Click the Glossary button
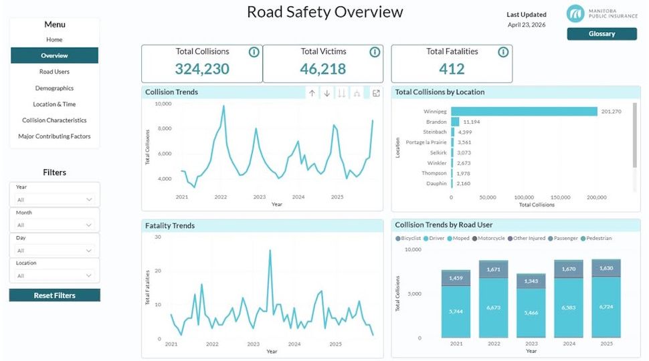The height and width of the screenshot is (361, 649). coord(601,34)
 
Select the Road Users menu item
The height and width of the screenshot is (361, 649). coord(54,72)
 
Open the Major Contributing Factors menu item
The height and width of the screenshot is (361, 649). coord(54,136)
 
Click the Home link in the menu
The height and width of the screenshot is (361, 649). coord(54,39)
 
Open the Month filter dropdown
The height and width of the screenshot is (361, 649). coord(54,225)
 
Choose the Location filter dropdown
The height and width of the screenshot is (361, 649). coord(54,275)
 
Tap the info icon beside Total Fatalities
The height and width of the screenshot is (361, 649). coord(503,52)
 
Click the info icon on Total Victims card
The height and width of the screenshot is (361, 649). coord(375,52)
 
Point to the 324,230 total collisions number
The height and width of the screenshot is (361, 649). coord(202,69)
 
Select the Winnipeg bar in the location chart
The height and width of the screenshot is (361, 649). coord(524,111)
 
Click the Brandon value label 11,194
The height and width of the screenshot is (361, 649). coord(472,122)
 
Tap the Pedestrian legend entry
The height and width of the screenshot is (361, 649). coord(596,238)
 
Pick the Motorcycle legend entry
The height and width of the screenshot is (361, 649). coord(488,238)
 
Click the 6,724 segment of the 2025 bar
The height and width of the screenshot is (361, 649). coord(606,307)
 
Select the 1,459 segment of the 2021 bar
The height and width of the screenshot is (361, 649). coord(456,278)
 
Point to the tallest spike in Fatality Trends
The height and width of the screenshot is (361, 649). coord(270,250)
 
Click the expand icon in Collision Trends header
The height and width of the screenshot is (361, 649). coord(376,94)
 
